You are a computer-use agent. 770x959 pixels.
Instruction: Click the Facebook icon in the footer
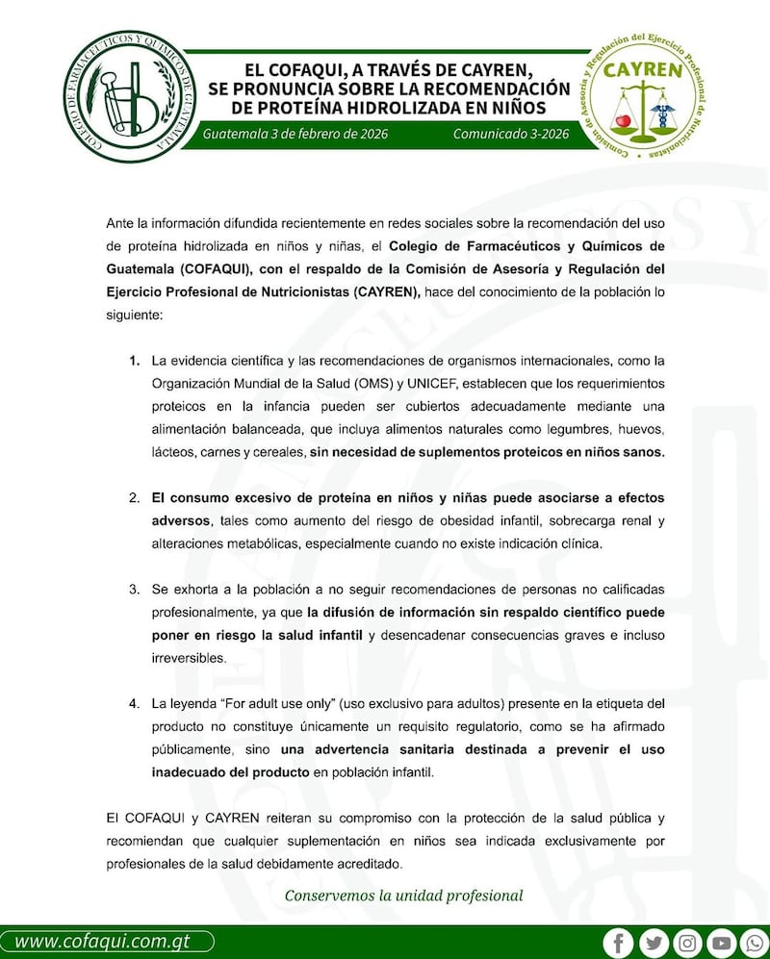click(619, 942)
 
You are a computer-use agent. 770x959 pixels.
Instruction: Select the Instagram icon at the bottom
click(686, 942)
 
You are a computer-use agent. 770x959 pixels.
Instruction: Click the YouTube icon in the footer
click(721, 942)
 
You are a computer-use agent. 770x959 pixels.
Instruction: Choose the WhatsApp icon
click(755, 942)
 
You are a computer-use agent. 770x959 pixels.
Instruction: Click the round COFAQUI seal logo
click(127, 96)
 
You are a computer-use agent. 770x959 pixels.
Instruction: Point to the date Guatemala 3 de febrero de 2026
click(295, 134)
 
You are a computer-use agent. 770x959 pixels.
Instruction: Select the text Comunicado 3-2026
click(510, 134)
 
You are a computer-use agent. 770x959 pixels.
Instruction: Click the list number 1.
click(135, 362)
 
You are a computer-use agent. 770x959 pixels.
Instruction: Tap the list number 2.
click(135, 498)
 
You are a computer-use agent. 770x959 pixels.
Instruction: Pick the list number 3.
click(135, 588)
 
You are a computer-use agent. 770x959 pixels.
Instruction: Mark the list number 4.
click(135, 703)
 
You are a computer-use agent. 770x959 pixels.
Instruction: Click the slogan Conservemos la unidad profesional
click(403, 896)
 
